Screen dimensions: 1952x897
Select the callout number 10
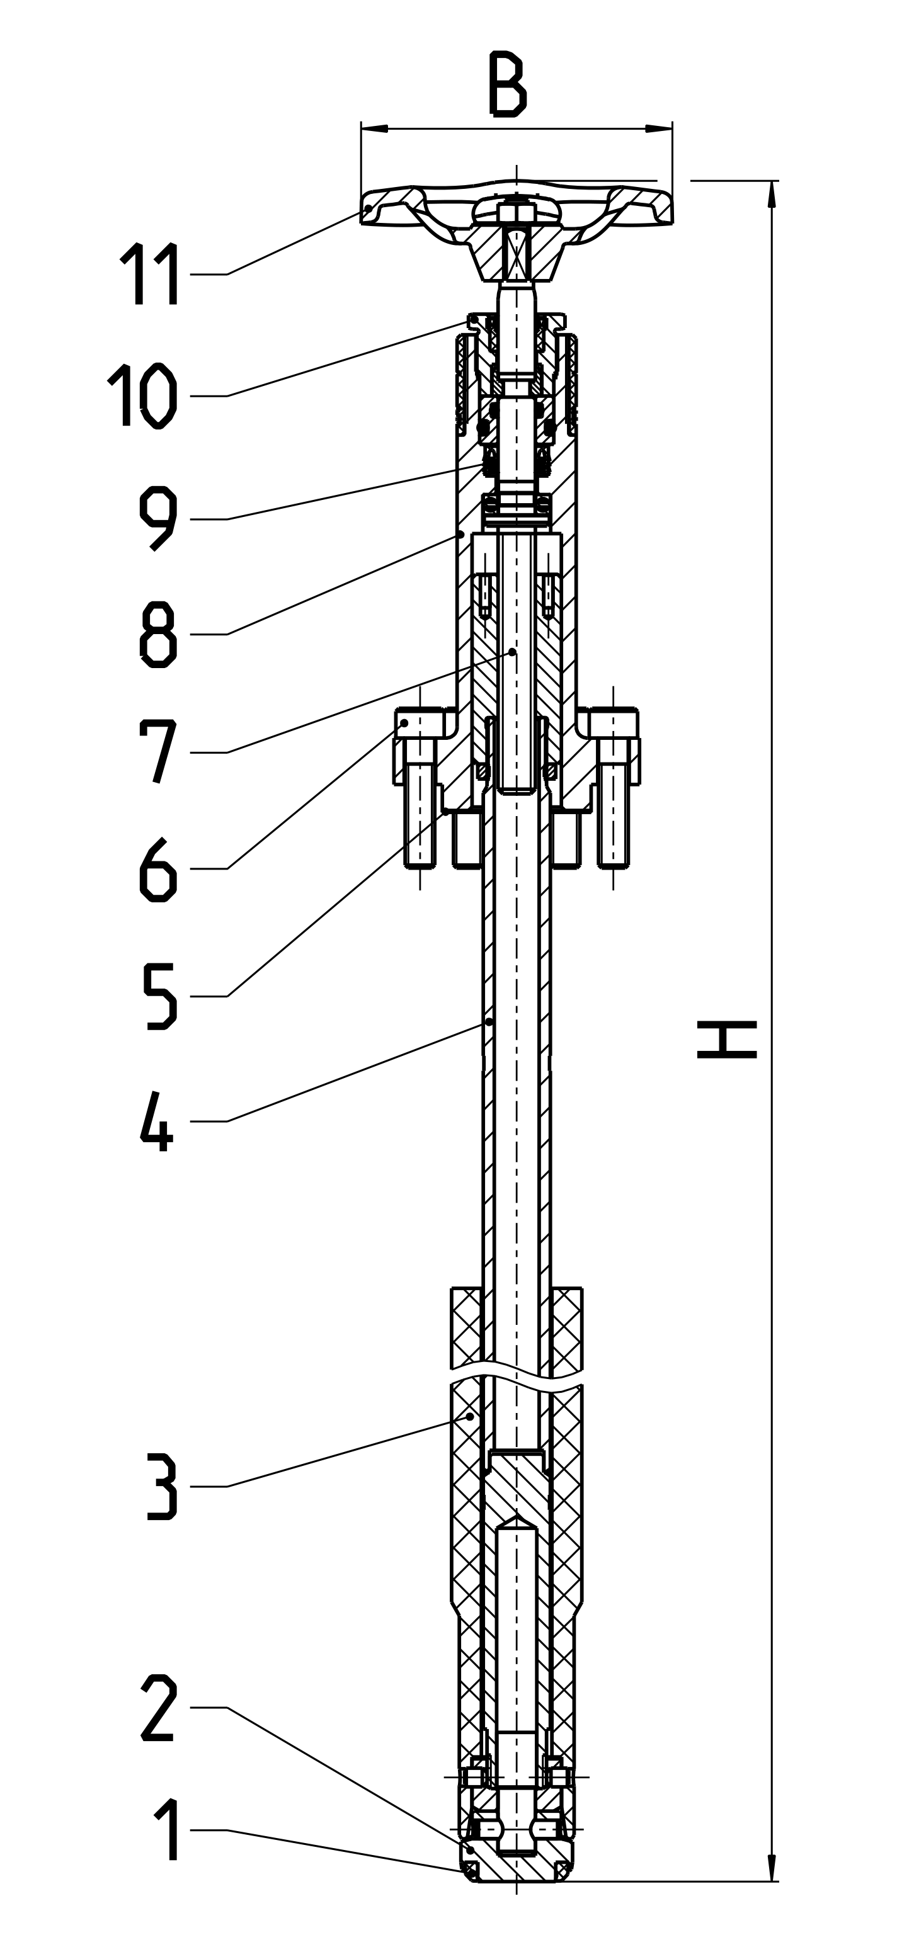(144, 395)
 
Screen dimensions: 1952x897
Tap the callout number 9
(159, 519)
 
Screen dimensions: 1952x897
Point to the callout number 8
(159, 634)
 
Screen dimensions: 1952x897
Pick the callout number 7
(159, 751)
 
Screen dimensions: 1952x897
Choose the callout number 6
(159, 869)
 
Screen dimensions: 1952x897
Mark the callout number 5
(160, 996)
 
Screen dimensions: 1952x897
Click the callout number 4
(157, 1121)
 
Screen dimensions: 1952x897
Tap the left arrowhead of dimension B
(374, 129)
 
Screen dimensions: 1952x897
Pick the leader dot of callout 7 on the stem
(513, 651)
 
